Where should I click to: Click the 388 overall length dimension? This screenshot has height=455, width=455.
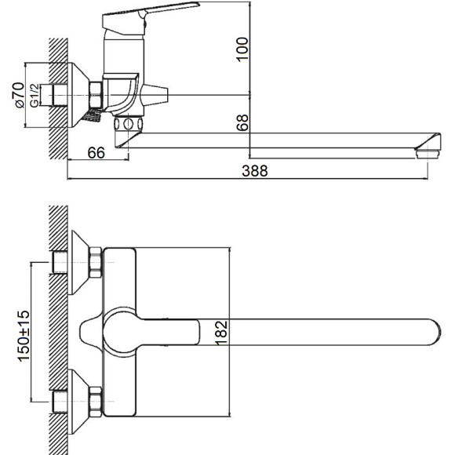point(255,171)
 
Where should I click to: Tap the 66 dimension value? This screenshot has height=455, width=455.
point(96,153)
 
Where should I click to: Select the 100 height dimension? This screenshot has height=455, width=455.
point(242,49)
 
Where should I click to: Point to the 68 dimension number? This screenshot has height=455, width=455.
point(242,122)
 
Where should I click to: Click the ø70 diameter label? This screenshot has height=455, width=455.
point(20,95)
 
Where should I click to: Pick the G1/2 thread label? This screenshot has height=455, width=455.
point(35,96)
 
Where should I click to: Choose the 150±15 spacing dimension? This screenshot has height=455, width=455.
point(24,336)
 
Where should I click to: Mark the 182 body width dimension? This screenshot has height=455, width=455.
point(221,333)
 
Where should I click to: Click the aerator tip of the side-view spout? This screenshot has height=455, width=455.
point(428,146)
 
